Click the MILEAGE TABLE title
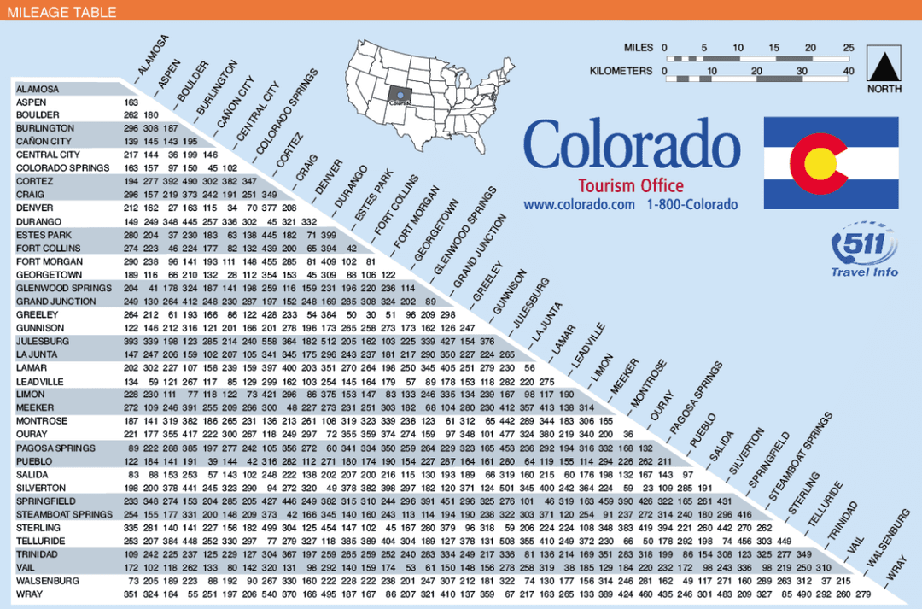61,12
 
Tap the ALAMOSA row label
38,89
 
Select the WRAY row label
29,594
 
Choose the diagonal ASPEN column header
169,74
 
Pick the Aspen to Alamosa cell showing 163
131,102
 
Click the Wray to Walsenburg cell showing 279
863,594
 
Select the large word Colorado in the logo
631,143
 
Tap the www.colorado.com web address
579,205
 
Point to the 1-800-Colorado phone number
691,205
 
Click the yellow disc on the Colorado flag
820,160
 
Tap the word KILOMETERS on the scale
621,71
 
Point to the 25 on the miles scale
848,48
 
